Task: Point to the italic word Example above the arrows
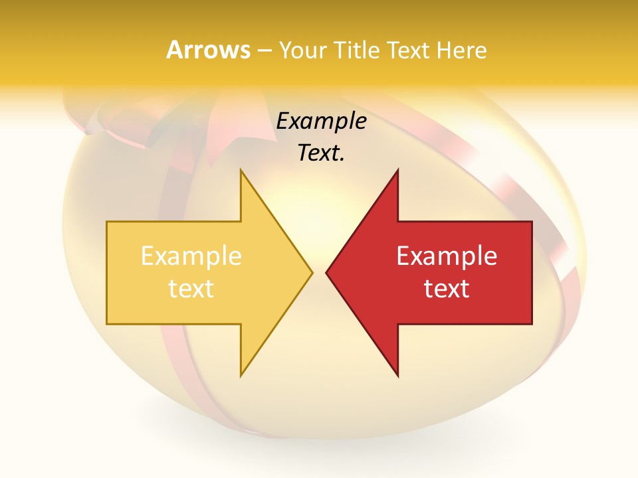coord(321,121)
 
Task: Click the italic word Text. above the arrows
coord(321,153)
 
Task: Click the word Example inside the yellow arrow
coord(191,256)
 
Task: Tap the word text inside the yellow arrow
coord(191,289)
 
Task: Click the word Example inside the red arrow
coord(447,256)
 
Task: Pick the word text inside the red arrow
coord(447,289)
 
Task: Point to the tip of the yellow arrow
coord(311,272)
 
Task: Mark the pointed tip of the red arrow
coord(328,272)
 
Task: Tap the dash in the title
coord(264,51)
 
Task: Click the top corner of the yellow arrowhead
coord(241,171)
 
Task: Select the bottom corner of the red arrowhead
coord(397,376)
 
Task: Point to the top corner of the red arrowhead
coord(397,171)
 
